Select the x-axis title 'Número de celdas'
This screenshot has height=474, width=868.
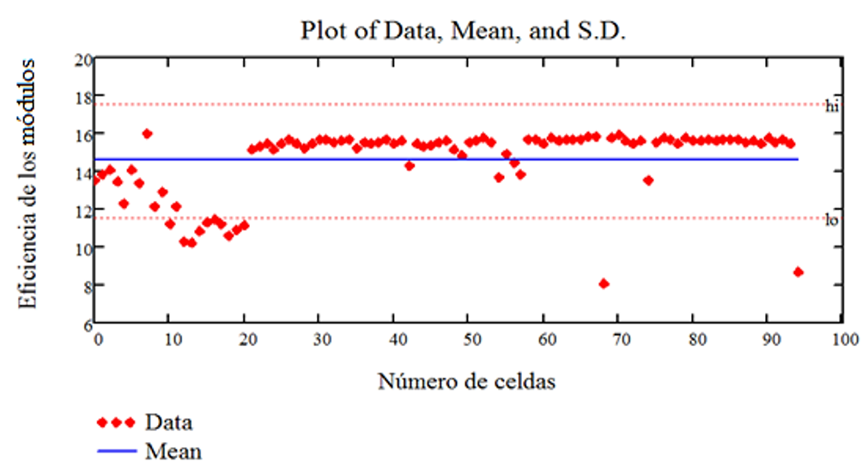pos(466,381)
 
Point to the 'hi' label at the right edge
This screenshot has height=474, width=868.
pos(832,106)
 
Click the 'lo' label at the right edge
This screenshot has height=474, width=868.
pos(832,221)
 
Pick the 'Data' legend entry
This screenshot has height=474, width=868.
pos(168,422)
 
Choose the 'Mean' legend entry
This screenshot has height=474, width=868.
pos(173,450)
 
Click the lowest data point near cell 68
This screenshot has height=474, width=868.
pos(604,283)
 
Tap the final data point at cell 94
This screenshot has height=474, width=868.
pos(798,271)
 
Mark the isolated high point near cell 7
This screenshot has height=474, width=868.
pos(148,133)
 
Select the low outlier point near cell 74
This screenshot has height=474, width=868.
pos(648,180)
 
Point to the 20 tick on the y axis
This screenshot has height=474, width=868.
pos(83,59)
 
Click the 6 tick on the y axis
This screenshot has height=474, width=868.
pos(87,324)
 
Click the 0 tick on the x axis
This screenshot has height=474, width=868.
pos(97,339)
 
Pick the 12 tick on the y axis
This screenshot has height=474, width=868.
pos(83,210)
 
